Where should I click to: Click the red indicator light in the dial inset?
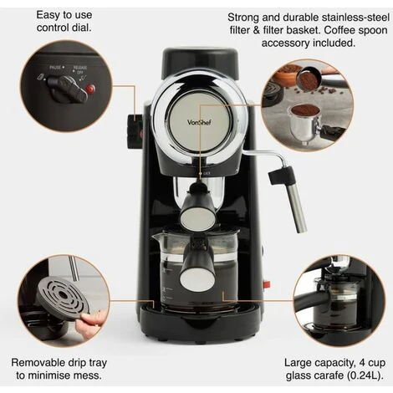(89, 88)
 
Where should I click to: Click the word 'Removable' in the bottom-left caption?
(41, 364)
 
